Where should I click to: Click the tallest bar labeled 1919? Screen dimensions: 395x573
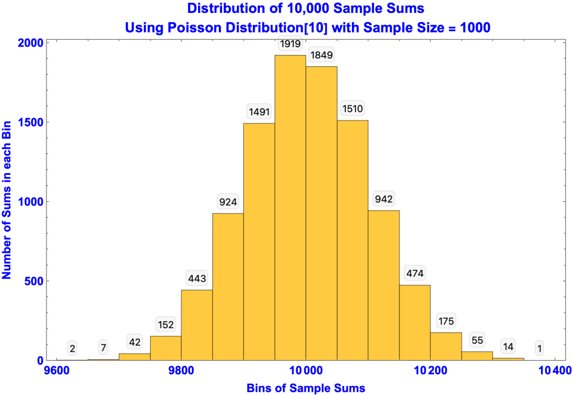click(290, 207)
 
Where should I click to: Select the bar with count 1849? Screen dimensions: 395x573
click(321, 213)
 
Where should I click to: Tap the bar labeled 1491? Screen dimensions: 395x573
click(259, 241)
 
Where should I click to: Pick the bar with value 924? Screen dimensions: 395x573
click(228, 286)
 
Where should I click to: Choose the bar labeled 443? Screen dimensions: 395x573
click(196, 325)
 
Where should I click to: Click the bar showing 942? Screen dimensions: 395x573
click(383, 285)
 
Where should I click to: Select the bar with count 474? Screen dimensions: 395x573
click(415, 322)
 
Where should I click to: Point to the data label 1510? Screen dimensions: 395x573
click(353, 109)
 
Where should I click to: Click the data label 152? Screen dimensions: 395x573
click(166, 324)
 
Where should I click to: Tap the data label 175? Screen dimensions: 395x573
click(446, 320)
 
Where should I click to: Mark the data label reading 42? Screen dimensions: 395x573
click(134, 342)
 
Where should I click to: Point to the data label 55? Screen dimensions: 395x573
click(477, 340)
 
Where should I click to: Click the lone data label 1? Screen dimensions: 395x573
click(539, 348)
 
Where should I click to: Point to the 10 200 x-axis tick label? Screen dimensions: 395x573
click(431, 370)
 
